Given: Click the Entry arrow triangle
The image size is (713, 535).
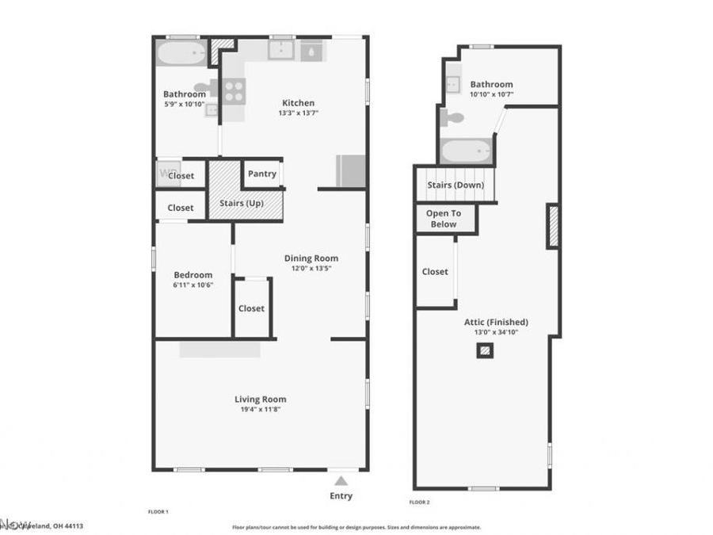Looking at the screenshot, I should [x=341, y=480].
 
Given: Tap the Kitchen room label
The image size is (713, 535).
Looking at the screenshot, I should [x=298, y=103].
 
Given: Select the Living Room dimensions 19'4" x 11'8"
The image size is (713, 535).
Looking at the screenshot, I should [x=260, y=410].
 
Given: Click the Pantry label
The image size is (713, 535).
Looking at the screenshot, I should [x=261, y=174].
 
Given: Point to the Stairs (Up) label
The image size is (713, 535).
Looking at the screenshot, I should [x=241, y=204].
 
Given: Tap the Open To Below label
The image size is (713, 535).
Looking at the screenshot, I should [x=444, y=219].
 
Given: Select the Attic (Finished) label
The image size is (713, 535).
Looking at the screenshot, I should [x=496, y=323].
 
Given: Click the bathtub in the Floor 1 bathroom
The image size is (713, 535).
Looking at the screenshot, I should [x=180, y=53].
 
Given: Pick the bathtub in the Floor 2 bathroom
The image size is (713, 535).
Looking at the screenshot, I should [x=465, y=150].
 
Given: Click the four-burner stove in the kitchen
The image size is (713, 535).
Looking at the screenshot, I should [x=234, y=90].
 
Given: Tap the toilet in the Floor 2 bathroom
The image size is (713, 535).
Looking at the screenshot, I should [x=452, y=118].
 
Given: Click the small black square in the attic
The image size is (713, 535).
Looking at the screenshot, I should [x=484, y=350].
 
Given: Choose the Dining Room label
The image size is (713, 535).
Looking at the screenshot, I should [x=311, y=258].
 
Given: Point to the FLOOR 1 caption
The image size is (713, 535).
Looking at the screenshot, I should [x=158, y=512].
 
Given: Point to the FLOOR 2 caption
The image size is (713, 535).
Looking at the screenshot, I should [x=419, y=503].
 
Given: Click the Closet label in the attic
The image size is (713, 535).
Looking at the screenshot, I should [x=435, y=272].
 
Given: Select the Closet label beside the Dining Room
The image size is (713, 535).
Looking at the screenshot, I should [x=251, y=308].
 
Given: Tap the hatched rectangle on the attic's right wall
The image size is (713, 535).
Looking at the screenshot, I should [x=553, y=226].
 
